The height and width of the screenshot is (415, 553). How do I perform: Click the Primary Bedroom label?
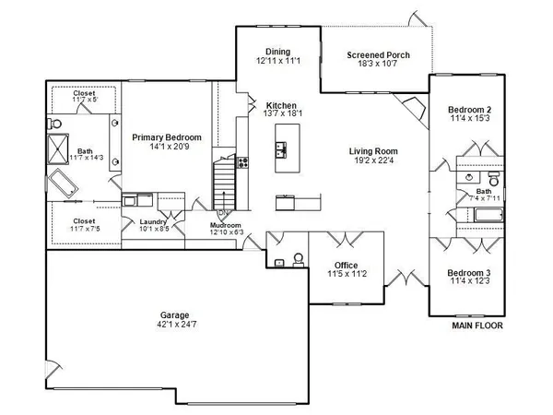[166, 137]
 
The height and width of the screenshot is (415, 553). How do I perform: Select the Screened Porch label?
[378, 55]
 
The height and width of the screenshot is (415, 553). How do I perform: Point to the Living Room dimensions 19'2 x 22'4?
[372, 161]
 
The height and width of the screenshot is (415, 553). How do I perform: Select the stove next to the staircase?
[243, 163]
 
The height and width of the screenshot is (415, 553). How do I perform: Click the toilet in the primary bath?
[56, 123]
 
